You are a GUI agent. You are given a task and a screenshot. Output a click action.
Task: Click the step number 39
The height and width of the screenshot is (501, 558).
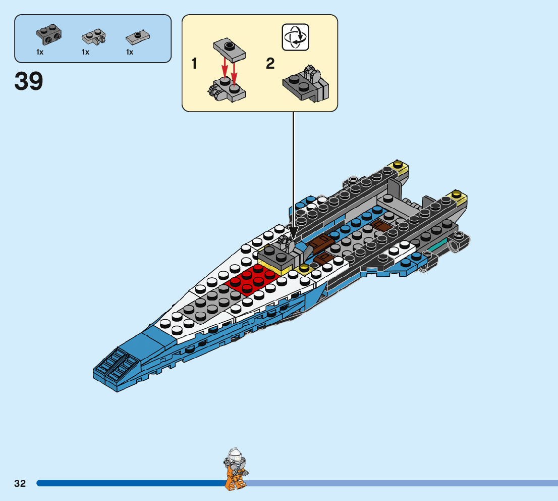coord(29,81)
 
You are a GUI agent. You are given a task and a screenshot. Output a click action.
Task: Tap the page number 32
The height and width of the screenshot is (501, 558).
coord(20,483)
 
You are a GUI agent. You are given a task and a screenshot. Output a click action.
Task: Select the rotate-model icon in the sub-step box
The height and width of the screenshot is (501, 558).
coord(295,37)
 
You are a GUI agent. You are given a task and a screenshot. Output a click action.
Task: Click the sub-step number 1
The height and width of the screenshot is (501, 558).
coord(194,64)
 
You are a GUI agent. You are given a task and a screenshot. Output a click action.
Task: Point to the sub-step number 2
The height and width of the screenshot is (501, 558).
coord(270,64)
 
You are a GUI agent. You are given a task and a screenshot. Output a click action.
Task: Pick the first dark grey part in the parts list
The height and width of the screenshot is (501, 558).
coord(49,35)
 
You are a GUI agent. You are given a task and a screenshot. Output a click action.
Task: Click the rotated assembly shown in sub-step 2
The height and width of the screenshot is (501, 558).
coord(305,84)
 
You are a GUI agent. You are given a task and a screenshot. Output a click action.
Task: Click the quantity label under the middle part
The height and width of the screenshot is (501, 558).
coord(85,52)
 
